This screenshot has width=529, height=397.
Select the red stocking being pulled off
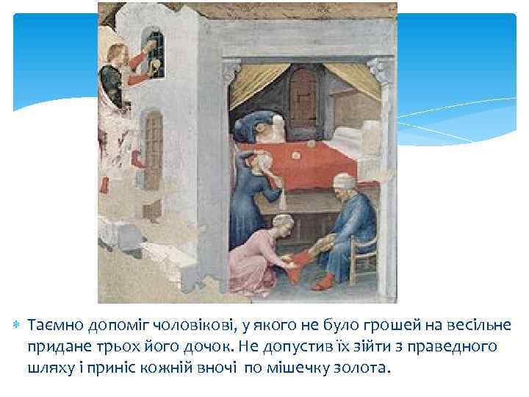tap(297, 262)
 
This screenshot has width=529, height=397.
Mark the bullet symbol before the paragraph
tap(17, 325)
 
